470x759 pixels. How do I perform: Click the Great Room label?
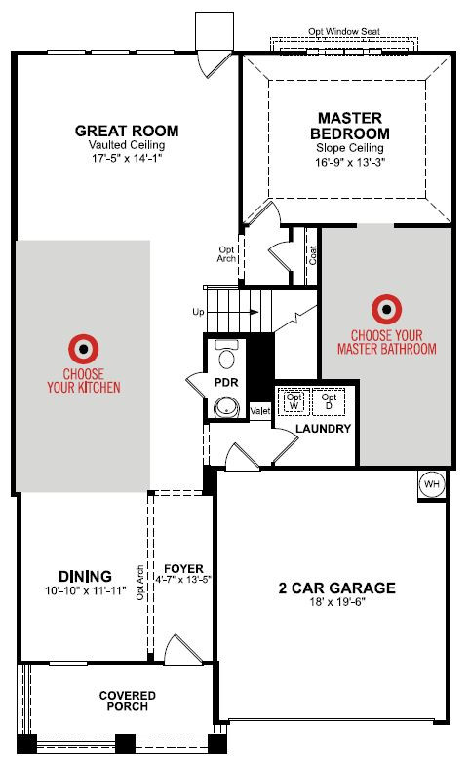(127, 131)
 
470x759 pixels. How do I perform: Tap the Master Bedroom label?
(350, 126)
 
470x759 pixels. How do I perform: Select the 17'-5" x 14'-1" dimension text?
(127, 158)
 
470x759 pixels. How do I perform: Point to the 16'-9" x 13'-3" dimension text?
(350, 162)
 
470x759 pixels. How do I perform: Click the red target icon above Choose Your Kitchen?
(84, 348)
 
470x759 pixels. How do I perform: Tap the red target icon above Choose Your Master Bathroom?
(387, 308)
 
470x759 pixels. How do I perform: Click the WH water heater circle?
(432, 483)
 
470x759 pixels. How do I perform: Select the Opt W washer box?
(294, 401)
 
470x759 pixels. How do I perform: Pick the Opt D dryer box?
(329, 401)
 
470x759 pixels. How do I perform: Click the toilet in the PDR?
(227, 356)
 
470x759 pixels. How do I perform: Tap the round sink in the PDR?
(227, 407)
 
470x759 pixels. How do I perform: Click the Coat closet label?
(313, 255)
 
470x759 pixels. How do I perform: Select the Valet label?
(260, 411)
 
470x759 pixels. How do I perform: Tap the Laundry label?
(323, 429)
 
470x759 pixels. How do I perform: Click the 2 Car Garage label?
(337, 588)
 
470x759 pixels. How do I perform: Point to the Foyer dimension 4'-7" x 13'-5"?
(183, 579)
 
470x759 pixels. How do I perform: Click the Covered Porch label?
(128, 701)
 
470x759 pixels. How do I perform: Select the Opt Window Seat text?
(344, 31)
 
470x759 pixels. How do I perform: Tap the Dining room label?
(85, 576)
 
